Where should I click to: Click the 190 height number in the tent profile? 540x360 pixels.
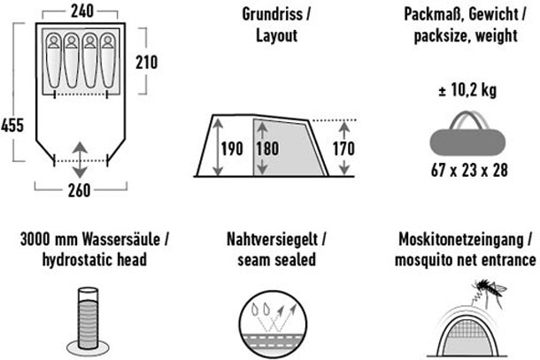point(232,148)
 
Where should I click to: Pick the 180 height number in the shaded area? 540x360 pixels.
point(268,148)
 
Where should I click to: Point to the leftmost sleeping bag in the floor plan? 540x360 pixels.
point(52,61)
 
